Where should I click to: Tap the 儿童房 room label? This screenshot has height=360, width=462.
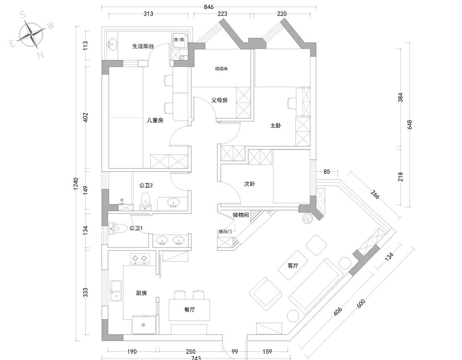pos(155,120)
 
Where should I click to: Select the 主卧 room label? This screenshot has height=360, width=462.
pos(275,125)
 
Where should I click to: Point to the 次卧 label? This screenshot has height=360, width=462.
pos(249,184)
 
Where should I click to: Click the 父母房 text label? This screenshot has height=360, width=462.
pos(219,100)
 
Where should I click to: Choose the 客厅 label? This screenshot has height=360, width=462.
pos(293,265)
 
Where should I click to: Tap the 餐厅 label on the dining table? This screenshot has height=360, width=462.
pos(190,310)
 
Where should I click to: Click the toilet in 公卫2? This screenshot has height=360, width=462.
pos(146,200)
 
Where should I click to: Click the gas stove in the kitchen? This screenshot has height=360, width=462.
pos(140,258)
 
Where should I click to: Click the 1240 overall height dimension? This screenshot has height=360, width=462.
pos(76,183)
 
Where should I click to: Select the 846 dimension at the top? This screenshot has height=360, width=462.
pos(209,7)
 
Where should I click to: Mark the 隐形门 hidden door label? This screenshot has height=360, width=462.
pos(225,231)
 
